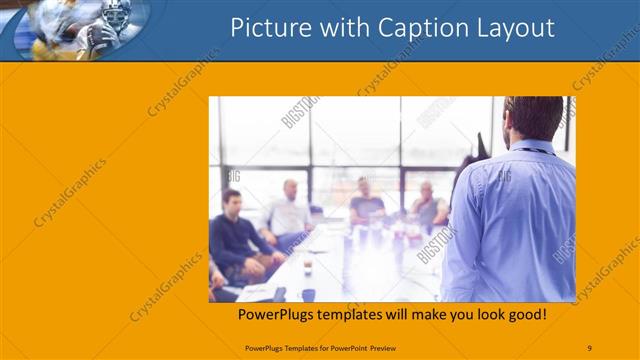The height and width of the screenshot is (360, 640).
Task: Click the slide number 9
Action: point(589,347)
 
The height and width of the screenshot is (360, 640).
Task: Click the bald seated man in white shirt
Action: point(289,212)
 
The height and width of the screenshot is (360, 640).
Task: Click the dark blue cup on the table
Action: point(308,294)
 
